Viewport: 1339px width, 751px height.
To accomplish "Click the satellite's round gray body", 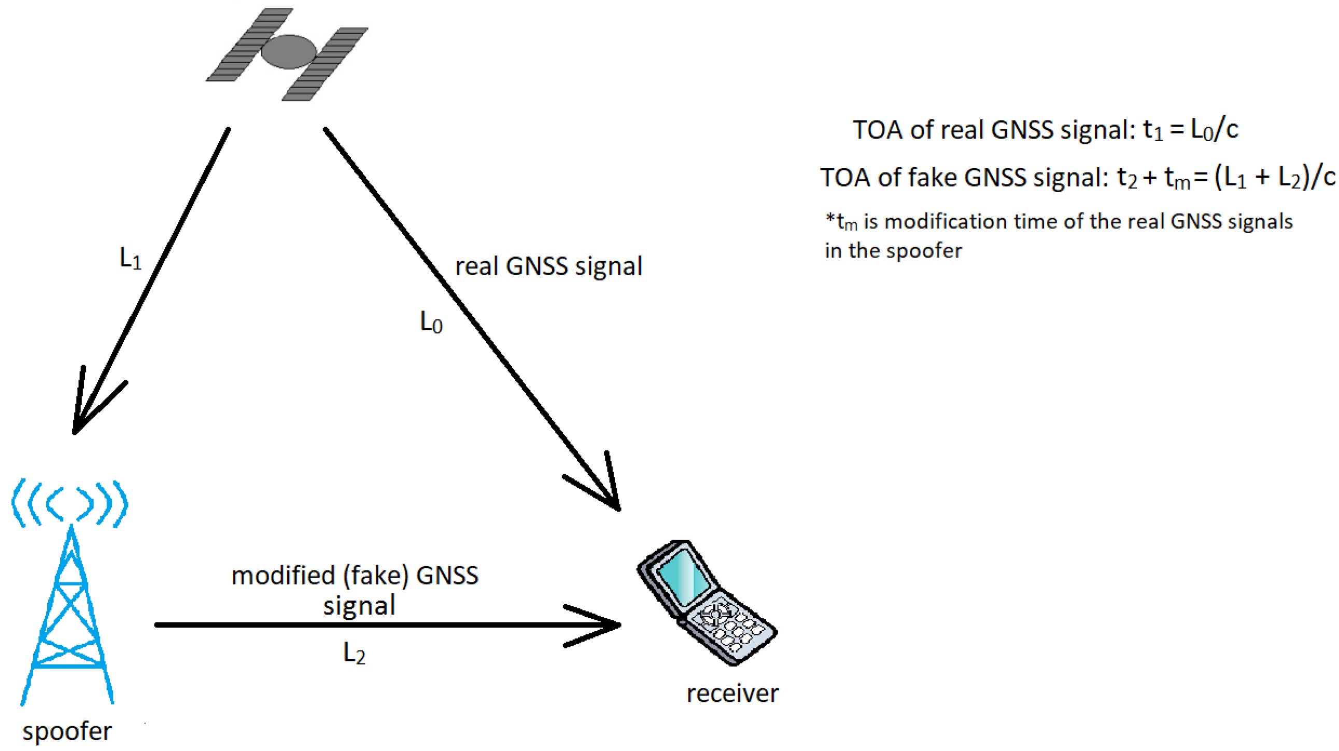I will pos(289,51).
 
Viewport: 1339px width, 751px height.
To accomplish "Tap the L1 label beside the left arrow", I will pos(130,258).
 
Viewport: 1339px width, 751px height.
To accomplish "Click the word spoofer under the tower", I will pos(67,731).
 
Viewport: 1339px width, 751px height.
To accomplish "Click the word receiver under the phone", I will pos(732,693).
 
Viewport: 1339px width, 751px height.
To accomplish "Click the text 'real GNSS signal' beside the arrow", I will pos(548,266).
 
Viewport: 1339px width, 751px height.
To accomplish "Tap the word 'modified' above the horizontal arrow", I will pos(283,576).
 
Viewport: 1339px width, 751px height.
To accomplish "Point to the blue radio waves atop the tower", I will pos(69,503).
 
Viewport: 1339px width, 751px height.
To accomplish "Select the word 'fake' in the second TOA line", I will pos(933,178).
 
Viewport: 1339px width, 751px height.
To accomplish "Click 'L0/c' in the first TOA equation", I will pos(1214,130).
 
